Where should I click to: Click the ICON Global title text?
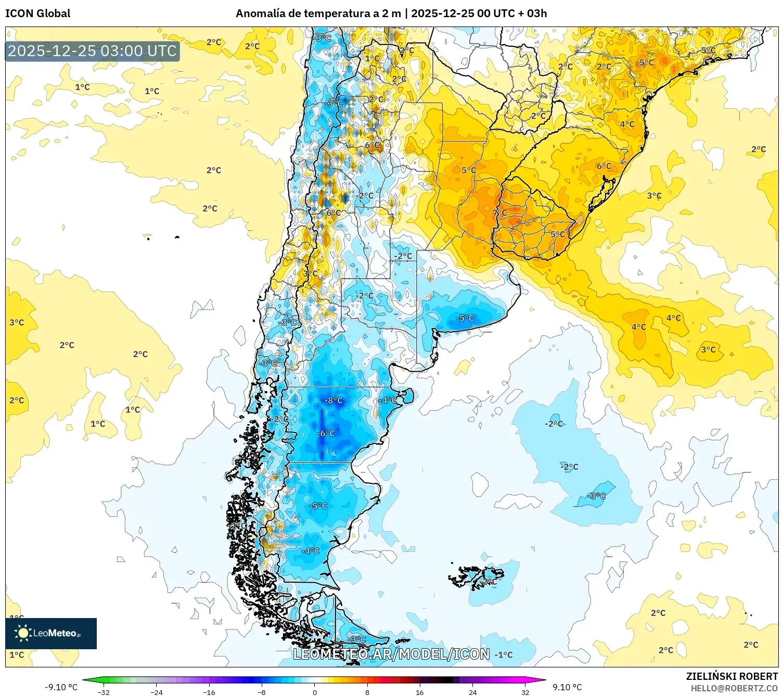(37, 14)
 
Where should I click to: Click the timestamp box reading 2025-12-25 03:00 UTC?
(92, 51)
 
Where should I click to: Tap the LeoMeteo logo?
(50, 633)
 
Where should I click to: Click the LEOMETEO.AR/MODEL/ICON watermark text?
(391, 654)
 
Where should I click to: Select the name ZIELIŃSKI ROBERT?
(731, 676)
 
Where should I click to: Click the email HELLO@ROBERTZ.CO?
(734, 688)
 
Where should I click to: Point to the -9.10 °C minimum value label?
(61, 687)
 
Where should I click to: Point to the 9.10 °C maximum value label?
(567, 687)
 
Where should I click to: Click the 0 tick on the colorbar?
(315, 692)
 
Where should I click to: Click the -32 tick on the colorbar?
(104, 692)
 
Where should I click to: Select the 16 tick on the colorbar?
(420, 692)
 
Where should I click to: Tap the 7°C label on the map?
(499, 213)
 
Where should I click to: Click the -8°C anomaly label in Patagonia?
(333, 400)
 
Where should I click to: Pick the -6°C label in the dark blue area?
(327, 433)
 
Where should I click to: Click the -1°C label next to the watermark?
(504, 655)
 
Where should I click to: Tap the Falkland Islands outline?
(476, 577)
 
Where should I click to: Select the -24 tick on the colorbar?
(157, 692)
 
